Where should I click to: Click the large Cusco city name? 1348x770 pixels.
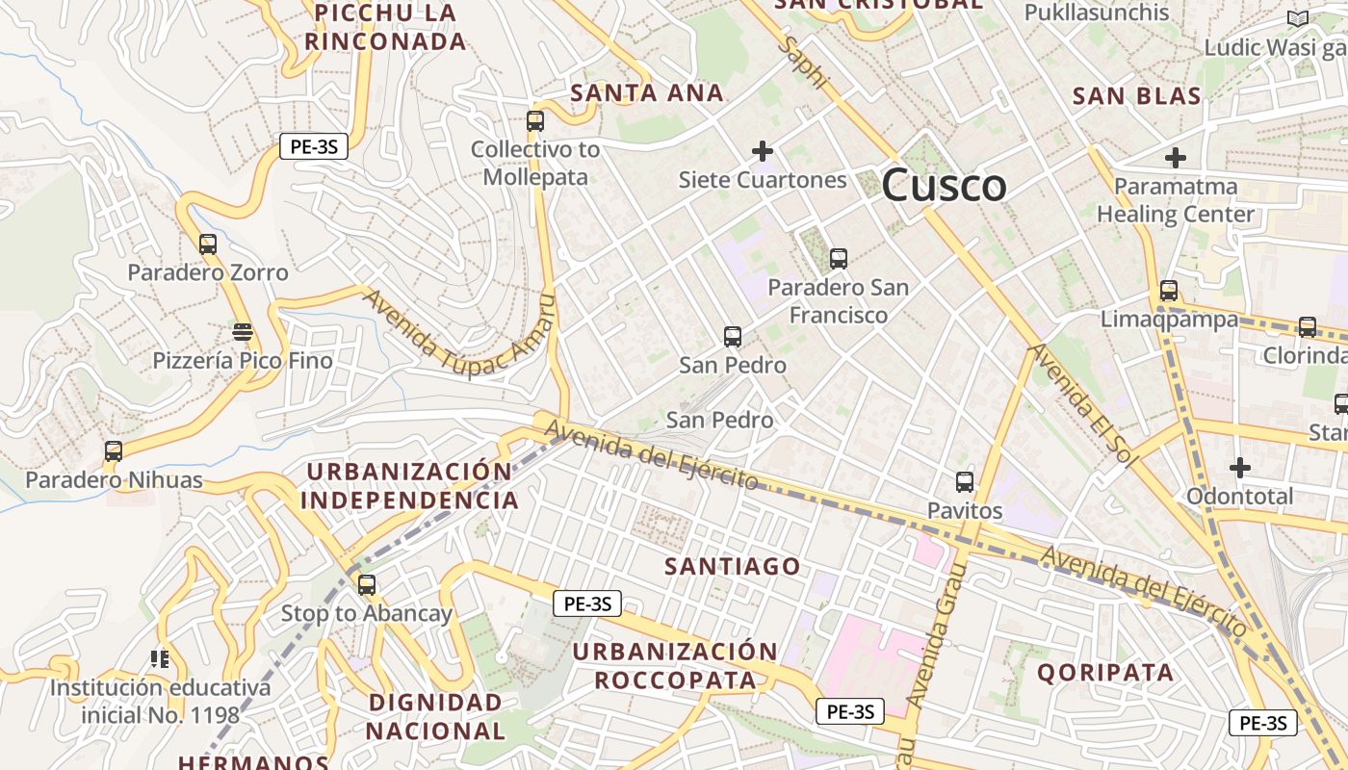pos(944,185)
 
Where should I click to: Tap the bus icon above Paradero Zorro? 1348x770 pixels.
pos(208,244)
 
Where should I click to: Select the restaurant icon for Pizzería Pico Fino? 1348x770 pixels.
pos(243,333)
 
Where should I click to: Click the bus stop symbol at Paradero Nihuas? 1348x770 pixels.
pos(114,450)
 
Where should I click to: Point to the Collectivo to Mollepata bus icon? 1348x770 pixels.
pos(535,121)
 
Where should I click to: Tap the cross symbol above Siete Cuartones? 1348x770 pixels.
pos(763,151)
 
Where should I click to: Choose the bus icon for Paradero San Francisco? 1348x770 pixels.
pos(839,258)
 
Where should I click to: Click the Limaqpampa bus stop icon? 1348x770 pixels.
pos(1169,290)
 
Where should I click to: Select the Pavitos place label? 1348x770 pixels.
pos(965,510)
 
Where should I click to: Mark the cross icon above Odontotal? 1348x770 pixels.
pos(1240,468)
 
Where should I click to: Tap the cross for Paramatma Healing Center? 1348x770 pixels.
pos(1176,157)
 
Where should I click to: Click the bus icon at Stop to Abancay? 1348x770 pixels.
pos(367,584)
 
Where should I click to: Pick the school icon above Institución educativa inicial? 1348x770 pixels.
pos(160,659)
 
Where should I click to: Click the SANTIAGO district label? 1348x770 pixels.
pos(733,566)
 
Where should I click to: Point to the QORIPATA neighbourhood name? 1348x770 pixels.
pos(1105,672)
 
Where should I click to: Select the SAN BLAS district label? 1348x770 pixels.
pos(1137,96)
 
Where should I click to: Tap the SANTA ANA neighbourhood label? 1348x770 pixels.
pos(647,93)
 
